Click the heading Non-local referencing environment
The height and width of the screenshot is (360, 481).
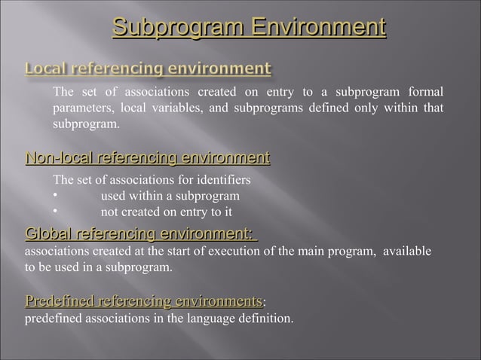(148, 158)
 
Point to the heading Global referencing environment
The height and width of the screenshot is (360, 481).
(140, 234)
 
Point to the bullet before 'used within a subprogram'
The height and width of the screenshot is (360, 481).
(55, 197)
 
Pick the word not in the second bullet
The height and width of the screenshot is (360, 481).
(110, 212)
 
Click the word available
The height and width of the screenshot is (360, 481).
(408, 252)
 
